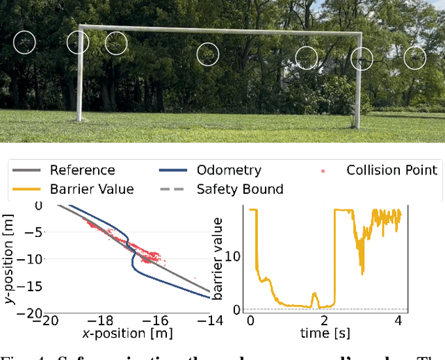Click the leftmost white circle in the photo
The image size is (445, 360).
(25, 42)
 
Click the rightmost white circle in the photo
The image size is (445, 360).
(415, 58)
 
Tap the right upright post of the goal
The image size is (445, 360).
(357, 80)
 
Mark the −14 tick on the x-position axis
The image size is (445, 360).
(210, 320)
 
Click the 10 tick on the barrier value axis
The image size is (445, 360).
(234, 256)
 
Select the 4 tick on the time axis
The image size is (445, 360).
(398, 320)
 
